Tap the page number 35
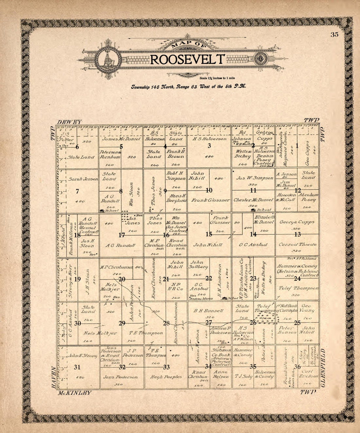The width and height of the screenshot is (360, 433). coord(334,35)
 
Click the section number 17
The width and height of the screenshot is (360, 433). coord(122,235)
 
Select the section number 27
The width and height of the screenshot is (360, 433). coord(208,323)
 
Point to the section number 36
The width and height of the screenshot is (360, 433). coord(297,367)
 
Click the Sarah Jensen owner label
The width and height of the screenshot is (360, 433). coord(83,179)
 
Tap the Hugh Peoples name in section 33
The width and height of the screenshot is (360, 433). coord(166,377)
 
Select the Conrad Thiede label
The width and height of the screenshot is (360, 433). coord(297,244)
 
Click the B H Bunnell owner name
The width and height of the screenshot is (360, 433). coord(208,311)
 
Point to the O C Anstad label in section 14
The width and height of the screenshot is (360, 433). coord(253,245)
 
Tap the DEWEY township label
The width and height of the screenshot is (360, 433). coord(69,121)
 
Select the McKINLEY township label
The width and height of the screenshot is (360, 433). coord(75,393)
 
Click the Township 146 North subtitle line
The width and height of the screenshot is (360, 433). coord(189,87)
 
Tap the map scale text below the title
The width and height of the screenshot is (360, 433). coord(217,78)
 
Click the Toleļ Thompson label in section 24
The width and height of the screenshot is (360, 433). coord(297,288)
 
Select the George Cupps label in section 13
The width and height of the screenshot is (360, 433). coord(297,222)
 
